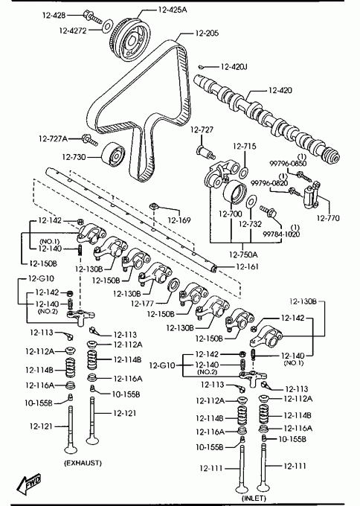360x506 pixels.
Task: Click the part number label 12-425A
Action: pos(173,10)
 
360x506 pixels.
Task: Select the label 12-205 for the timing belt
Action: pos(207,33)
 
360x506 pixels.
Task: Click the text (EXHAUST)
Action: pos(83,463)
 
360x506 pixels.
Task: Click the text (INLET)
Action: pos(254,499)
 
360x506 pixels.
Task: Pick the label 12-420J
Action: pos(234,67)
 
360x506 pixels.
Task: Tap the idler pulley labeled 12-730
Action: pos(114,155)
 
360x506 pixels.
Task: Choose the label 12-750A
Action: pos(243,254)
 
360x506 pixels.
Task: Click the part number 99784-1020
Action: pos(281,234)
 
